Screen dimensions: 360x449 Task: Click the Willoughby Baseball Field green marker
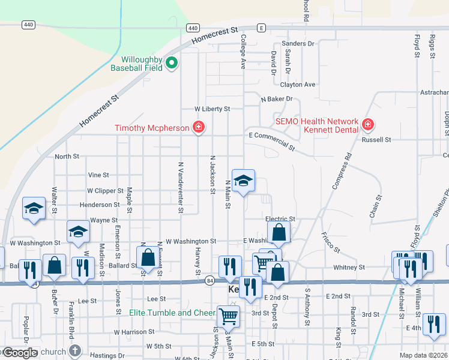(171, 62)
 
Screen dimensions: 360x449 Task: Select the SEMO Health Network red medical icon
(367, 125)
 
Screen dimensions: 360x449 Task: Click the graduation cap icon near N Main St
(243, 181)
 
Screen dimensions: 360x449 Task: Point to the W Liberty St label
(212, 109)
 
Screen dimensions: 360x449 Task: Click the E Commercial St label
(273, 141)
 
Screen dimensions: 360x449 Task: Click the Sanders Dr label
(298, 44)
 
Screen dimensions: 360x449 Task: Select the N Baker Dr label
(276, 98)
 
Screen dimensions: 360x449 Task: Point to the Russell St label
(376, 139)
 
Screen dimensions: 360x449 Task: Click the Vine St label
(98, 175)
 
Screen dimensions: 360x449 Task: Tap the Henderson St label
(95, 205)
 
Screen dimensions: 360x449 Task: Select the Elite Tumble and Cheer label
(172, 313)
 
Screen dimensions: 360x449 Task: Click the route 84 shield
(209, 280)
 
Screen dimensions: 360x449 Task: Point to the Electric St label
(280, 220)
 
